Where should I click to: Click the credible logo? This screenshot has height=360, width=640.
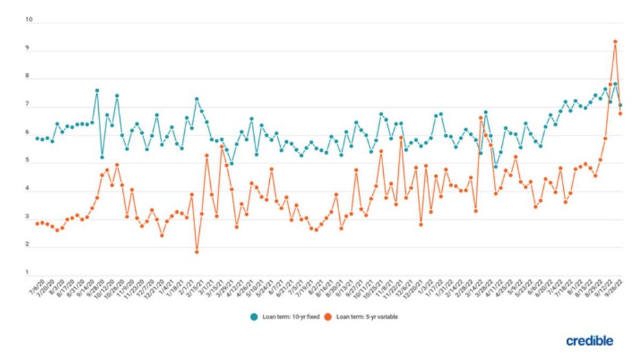[x=589, y=341]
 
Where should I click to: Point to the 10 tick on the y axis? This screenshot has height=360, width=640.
[x=29, y=20]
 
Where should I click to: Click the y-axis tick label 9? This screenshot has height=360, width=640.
[x=29, y=49]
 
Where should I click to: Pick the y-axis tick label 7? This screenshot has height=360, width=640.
[x=29, y=105]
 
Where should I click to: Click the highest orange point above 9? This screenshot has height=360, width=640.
[x=615, y=42]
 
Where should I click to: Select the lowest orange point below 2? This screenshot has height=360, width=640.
[x=197, y=252]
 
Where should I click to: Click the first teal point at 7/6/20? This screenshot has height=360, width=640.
[x=37, y=139]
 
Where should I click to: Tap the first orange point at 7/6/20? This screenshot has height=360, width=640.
[x=37, y=223]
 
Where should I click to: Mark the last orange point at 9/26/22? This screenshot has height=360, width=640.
[x=621, y=113]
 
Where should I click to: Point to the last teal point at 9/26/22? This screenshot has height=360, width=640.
[x=621, y=106]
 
